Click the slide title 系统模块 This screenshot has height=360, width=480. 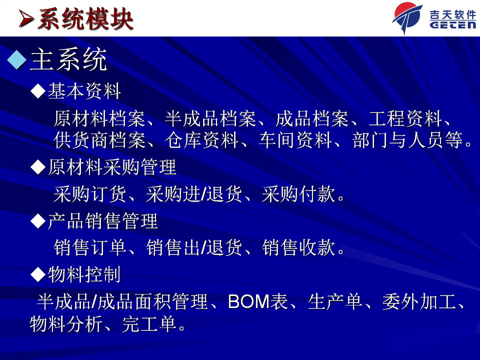pyautogui.click(x=85, y=19)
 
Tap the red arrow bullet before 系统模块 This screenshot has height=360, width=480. pyautogui.click(x=25, y=19)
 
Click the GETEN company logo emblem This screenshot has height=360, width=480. pyautogui.click(x=407, y=18)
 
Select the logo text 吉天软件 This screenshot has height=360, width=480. pyautogui.click(x=452, y=14)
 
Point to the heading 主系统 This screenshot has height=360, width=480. pyautogui.click(x=68, y=59)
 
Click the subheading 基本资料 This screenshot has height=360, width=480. pyautogui.click(x=84, y=91)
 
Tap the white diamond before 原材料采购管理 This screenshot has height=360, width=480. pyautogui.click(x=38, y=167)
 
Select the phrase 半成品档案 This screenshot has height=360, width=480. pyautogui.click(x=210, y=118)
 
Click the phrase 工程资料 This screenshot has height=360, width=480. pyautogui.click(x=405, y=118)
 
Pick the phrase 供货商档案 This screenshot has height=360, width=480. pyautogui.click(x=99, y=140)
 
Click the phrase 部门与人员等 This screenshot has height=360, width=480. pyautogui.click(x=407, y=140)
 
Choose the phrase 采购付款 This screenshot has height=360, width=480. pyautogui.click(x=298, y=194)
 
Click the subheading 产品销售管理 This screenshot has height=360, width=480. pyautogui.click(x=103, y=221)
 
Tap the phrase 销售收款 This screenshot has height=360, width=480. pyautogui.click(x=298, y=247)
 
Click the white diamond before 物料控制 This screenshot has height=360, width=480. pyautogui.click(x=38, y=274)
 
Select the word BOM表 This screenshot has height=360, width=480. pyautogui.click(x=258, y=301)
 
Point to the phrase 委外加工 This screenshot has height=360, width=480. pyautogui.click(x=419, y=301)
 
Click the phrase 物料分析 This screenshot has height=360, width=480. pyautogui.click(x=66, y=324)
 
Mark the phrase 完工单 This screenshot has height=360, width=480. pyautogui.click(x=149, y=324)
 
